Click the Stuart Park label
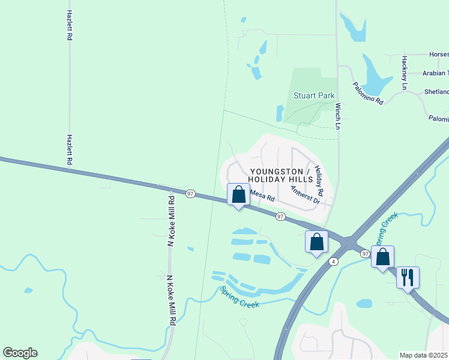coord(313,95)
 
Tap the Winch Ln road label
coord(338,115)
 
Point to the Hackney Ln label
coord(405,73)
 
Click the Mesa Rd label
coord(262,196)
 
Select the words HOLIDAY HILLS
coord(281,179)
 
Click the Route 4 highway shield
coord(332,262)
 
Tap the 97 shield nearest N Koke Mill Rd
coord(190,193)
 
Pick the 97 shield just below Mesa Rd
coord(280,216)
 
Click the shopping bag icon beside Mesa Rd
coord(239,194)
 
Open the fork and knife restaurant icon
coord(408,277)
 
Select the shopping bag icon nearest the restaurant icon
coord(382,257)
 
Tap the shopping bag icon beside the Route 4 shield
coord(316,242)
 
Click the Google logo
coord(20,353)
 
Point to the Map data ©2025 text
coord(424,355)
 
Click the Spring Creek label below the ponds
coord(239,297)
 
